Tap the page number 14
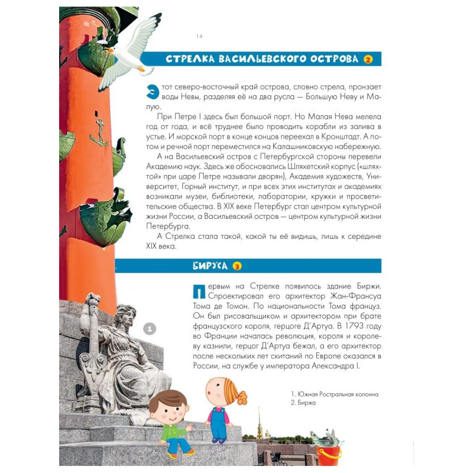click(x=199, y=36)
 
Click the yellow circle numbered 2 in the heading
click(x=368, y=59)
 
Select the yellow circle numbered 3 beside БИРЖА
click(x=237, y=266)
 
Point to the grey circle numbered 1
click(x=150, y=328)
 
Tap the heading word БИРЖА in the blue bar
click(x=210, y=266)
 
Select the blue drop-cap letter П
click(x=198, y=291)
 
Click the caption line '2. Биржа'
click(x=304, y=403)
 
